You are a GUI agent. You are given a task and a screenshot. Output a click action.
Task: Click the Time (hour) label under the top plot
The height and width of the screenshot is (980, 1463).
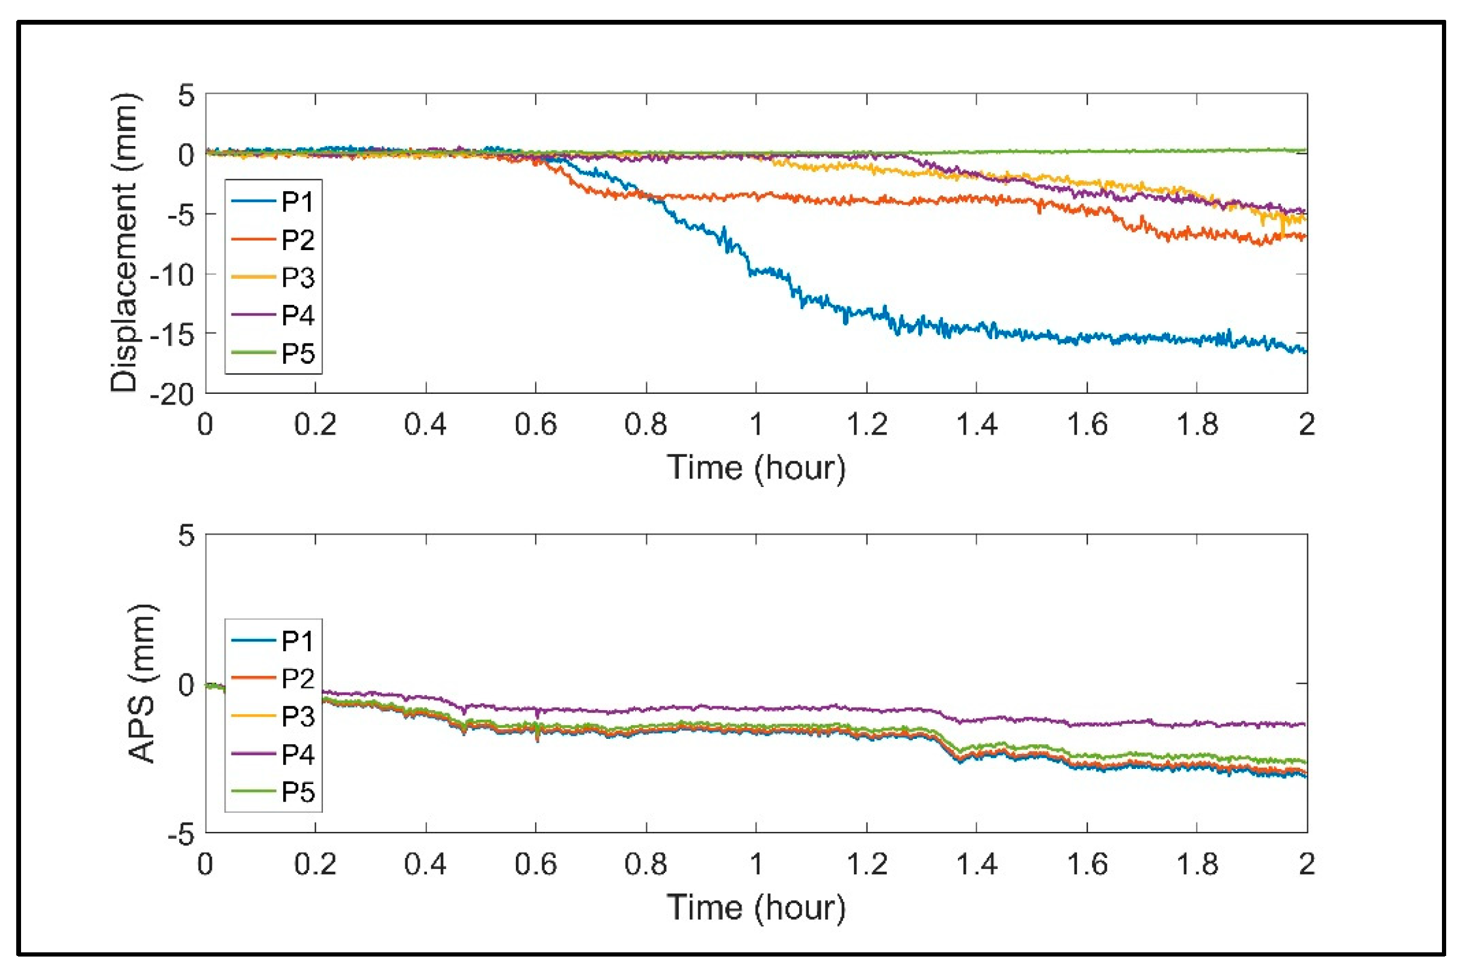[756, 468]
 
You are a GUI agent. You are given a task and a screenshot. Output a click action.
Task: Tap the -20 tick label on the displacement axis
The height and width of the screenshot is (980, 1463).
[172, 394]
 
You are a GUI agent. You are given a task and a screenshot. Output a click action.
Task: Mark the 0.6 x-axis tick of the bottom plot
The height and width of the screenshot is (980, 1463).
[536, 865]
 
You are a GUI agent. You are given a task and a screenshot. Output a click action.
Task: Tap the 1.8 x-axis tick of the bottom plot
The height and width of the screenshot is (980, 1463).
[1197, 865]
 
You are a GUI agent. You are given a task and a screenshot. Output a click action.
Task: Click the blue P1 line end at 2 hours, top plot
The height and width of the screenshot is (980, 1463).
[1305, 351]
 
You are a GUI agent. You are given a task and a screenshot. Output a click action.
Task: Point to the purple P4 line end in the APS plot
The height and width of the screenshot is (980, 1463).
[1305, 724]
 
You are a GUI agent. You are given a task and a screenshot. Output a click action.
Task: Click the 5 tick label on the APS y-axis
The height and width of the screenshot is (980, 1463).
[186, 536]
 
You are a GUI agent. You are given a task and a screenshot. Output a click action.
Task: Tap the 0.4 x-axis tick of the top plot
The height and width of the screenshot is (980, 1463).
[425, 425]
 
